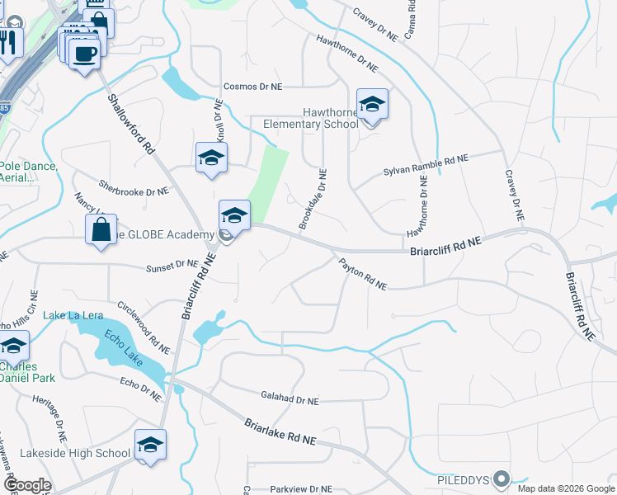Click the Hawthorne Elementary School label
pos(310,118)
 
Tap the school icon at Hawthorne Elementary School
pos(372,104)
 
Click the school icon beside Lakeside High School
pos(150,445)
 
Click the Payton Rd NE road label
pos(362,274)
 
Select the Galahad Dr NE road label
pos(289,399)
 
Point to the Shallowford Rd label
pos(131,124)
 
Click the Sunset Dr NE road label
pos(172,266)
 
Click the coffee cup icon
pos(84,55)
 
